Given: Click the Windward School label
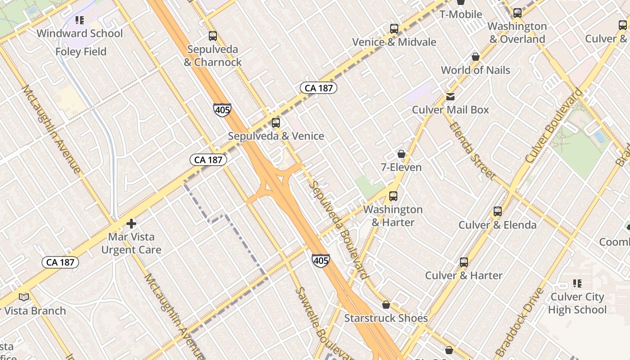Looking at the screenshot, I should pos(80,33).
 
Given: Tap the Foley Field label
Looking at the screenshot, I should pos(81,52).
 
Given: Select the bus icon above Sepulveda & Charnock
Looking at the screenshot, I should pos(213,36).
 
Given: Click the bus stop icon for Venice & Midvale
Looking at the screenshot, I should pos(394,29).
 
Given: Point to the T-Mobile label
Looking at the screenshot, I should pos(461,14).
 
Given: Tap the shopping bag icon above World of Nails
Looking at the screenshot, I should pos(476,57).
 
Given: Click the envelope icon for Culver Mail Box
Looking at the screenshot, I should pos(450,97).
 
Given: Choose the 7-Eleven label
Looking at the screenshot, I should pos(401,167).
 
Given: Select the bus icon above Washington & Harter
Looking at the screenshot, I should pos(393,196).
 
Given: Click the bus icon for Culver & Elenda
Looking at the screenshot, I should pos(498,211).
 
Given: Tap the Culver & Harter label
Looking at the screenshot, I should pos(464,275).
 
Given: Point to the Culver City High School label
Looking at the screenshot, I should pos(577,303).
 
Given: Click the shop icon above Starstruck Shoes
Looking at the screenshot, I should pos(386,305).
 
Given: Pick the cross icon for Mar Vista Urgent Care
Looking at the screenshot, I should pos(131,224).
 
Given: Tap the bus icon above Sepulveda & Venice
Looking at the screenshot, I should pos(276,122).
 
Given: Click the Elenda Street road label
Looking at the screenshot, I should pos(472,151).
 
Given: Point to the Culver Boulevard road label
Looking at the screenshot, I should pos(553,126).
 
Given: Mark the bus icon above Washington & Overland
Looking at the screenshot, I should pos(517,13).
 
